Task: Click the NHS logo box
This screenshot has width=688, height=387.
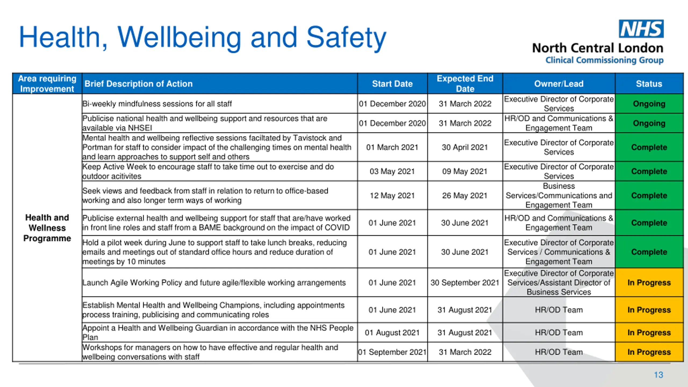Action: (641, 29)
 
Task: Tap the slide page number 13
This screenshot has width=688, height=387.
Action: (658, 375)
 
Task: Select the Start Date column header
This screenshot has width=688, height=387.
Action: (392, 84)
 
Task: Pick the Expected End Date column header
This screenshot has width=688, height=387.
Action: (465, 84)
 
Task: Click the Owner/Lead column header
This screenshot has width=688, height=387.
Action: (559, 84)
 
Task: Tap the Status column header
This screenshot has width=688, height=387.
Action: (649, 84)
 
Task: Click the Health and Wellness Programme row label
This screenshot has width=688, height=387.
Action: (47, 228)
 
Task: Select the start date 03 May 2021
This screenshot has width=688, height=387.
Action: (392, 171)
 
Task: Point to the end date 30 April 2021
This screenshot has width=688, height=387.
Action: (465, 147)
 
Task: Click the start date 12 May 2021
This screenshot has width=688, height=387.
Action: (392, 196)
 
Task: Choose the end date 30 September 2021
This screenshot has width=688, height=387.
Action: (465, 283)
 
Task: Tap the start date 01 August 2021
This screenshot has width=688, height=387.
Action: (392, 333)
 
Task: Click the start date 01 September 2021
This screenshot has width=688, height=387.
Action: (392, 352)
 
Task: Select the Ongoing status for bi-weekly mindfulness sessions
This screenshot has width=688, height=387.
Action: (649, 104)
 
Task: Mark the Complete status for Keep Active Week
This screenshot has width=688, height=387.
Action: (649, 171)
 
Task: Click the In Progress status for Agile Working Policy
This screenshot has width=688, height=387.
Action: (649, 283)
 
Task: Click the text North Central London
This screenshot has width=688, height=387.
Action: (598, 48)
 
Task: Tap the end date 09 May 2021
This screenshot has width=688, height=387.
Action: (465, 171)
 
